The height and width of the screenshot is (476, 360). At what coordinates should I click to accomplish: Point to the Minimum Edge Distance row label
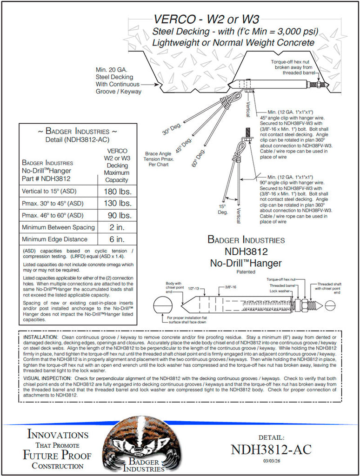pos(54,239)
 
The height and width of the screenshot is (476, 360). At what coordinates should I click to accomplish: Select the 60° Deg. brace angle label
pos(197,158)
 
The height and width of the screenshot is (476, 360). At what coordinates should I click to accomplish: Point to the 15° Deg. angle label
pos(223,208)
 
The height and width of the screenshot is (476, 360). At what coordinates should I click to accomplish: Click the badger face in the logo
pos(140,442)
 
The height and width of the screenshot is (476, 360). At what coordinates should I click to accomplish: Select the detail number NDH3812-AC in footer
pos(271,450)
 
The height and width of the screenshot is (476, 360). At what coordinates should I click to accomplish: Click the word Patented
pos(246,271)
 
